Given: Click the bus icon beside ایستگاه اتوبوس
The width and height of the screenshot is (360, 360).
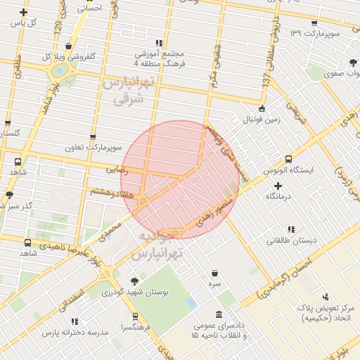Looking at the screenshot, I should tap(288, 159).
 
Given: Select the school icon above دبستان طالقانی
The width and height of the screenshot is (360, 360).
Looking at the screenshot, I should tap(291, 229).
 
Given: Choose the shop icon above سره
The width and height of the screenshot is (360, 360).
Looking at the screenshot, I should tap(214, 273).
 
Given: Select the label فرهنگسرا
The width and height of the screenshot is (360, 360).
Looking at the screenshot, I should tap(132, 328).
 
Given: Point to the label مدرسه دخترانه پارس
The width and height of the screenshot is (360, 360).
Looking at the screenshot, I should tap(75, 331).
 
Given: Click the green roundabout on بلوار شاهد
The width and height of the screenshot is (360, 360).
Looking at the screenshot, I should tap(60, 70).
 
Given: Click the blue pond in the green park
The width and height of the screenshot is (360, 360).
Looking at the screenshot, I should tap(191, 303).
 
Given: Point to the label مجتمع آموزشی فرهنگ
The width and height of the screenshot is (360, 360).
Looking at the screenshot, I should tap(157, 58).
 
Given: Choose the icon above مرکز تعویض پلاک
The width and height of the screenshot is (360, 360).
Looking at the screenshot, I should tap(324, 297).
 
